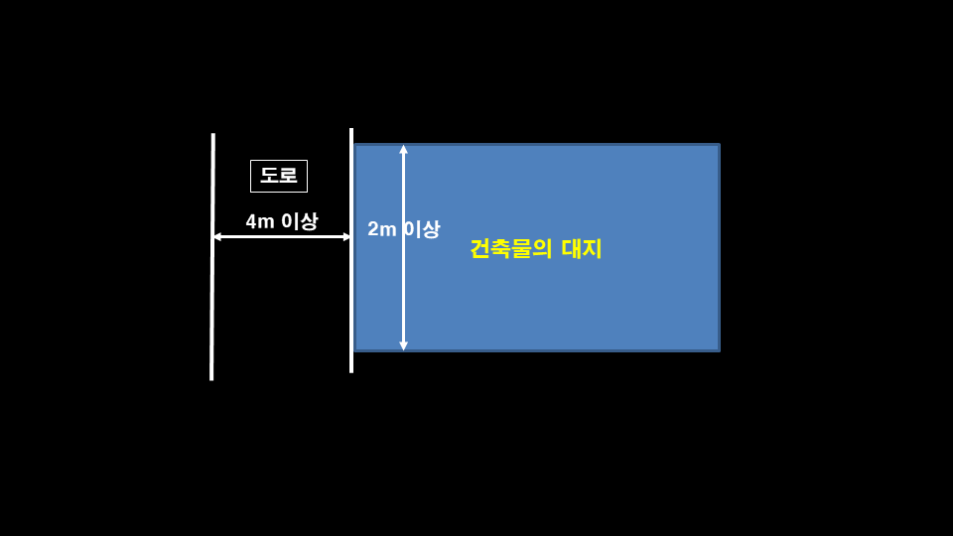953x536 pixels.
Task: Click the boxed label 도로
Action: click(279, 176)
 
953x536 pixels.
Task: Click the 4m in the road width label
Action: click(260, 221)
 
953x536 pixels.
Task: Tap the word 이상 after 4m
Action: click(300, 221)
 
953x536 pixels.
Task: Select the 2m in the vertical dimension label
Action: click(381, 229)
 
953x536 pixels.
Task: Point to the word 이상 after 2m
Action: click(422, 229)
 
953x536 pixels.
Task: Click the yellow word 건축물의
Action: click(510, 248)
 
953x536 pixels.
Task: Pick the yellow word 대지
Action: click(582, 248)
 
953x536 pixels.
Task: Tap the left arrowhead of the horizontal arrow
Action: click(216, 236)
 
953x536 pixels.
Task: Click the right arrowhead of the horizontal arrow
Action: click(346, 236)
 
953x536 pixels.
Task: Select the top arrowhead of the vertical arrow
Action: click(403, 149)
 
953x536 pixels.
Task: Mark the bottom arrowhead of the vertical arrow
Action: click(403, 346)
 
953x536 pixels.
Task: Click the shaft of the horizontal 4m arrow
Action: click(282, 236)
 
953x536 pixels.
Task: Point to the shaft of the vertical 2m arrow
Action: click(403, 288)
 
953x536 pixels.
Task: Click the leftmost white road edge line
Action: click(212, 298)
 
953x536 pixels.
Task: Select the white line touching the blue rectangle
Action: click(351, 298)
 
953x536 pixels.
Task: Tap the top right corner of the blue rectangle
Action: click(719, 145)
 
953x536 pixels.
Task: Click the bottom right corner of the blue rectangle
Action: click(719, 350)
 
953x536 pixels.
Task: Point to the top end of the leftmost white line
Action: click(213, 135)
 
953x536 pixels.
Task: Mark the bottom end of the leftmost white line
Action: click(211, 378)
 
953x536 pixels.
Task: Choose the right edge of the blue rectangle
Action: click(719, 248)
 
